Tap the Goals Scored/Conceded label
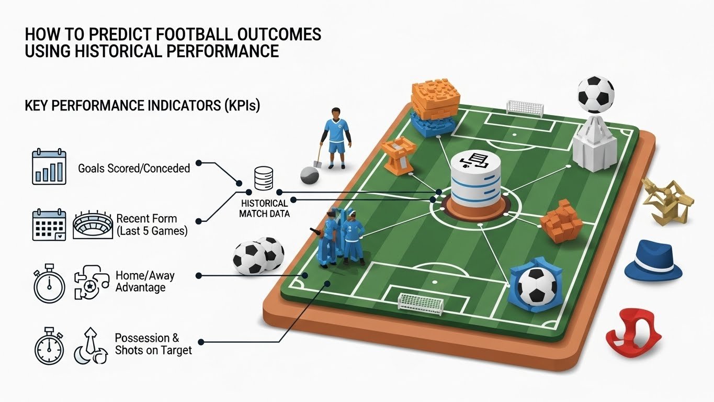click(x=134, y=168)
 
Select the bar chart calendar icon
click(x=49, y=166)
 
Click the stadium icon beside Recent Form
click(x=93, y=225)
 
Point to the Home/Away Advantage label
click(x=145, y=282)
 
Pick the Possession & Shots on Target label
click(x=153, y=344)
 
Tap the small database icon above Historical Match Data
click(x=264, y=178)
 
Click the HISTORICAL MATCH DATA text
click(x=264, y=208)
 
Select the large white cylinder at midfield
click(x=475, y=179)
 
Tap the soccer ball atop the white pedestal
click(x=595, y=94)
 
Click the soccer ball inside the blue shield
click(x=537, y=286)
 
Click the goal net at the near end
click(x=421, y=304)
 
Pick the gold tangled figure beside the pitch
click(x=667, y=202)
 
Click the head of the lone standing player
click(x=336, y=114)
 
